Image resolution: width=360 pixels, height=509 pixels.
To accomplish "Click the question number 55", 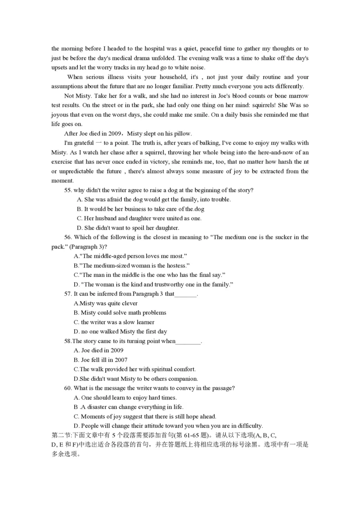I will pyautogui.click(x=68, y=190).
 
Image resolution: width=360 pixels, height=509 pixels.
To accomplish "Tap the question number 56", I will pyautogui.click(x=68, y=237).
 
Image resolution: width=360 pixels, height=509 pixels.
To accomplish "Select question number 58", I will pyautogui.click(x=68, y=341).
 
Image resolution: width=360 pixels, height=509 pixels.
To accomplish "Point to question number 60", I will pyautogui.click(x=68, y=388).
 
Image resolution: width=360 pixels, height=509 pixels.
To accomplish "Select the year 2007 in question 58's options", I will pyautogui.click(x=120, y=360).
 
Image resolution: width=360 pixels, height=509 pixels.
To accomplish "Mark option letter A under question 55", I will pyautogui.click(x=80, y=200).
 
